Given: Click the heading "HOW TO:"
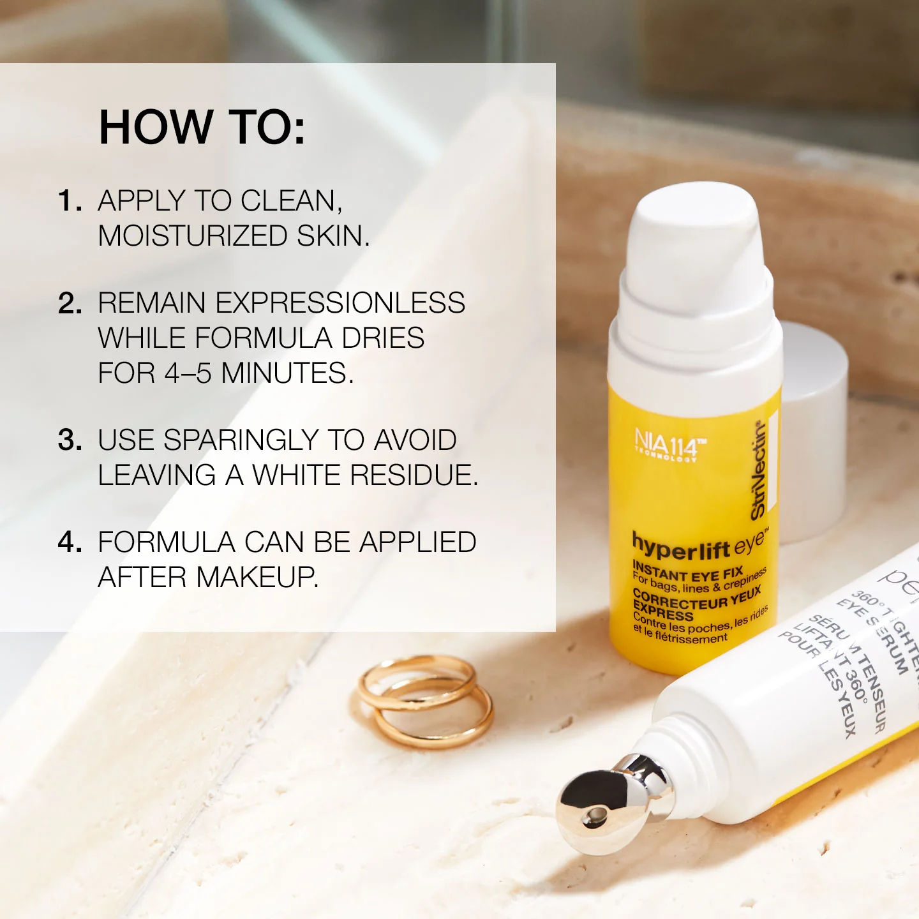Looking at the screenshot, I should (x=202, y=127).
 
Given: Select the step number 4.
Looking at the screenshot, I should (x=70, y=542).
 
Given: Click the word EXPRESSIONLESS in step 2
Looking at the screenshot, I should (x=340, y=303).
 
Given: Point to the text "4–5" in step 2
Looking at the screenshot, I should (x=188, y=373).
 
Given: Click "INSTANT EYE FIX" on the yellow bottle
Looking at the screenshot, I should (x=687, y=572).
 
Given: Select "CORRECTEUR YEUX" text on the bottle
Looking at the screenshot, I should (x=696, y=599).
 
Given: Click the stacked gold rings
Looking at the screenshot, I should (x=424, y=702).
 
